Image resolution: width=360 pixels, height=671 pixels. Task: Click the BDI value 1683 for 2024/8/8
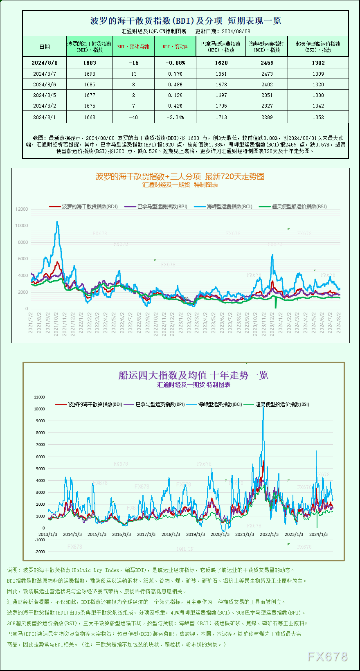(x=89, y=63)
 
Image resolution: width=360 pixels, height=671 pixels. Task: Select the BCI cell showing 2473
(x=267, y=74)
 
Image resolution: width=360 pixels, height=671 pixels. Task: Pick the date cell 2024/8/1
(x=44, y=117)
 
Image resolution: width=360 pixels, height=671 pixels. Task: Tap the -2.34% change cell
(x=175, y=117)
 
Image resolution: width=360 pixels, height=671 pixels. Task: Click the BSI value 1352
(x=318, y=117)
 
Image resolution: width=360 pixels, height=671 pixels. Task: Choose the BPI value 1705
(x=221, y=106)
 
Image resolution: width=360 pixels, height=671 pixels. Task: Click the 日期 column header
(x=44, y=47)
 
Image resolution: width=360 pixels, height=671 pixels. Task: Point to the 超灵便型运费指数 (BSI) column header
(x=318, y=47)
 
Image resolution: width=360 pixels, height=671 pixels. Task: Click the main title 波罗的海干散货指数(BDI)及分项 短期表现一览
(x=185, y=21)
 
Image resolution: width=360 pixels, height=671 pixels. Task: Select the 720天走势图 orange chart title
(x=180, y=176)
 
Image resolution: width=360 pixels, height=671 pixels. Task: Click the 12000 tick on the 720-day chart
(x=22, y=209)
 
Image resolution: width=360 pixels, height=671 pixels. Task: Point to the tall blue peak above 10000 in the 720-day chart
(x=57, y=223)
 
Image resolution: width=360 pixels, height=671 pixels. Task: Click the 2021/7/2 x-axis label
(x=31, y=322)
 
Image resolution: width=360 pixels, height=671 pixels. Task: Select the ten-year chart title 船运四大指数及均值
(x=193, y=375)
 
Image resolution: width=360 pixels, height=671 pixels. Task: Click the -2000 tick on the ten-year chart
(x=40, y=552)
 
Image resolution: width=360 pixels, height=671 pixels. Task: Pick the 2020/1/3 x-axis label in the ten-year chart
(x=220, y=534)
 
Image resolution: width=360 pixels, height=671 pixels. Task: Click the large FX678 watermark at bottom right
(x=327, y=657)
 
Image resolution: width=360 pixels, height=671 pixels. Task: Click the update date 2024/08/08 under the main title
(x=236, y=31)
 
